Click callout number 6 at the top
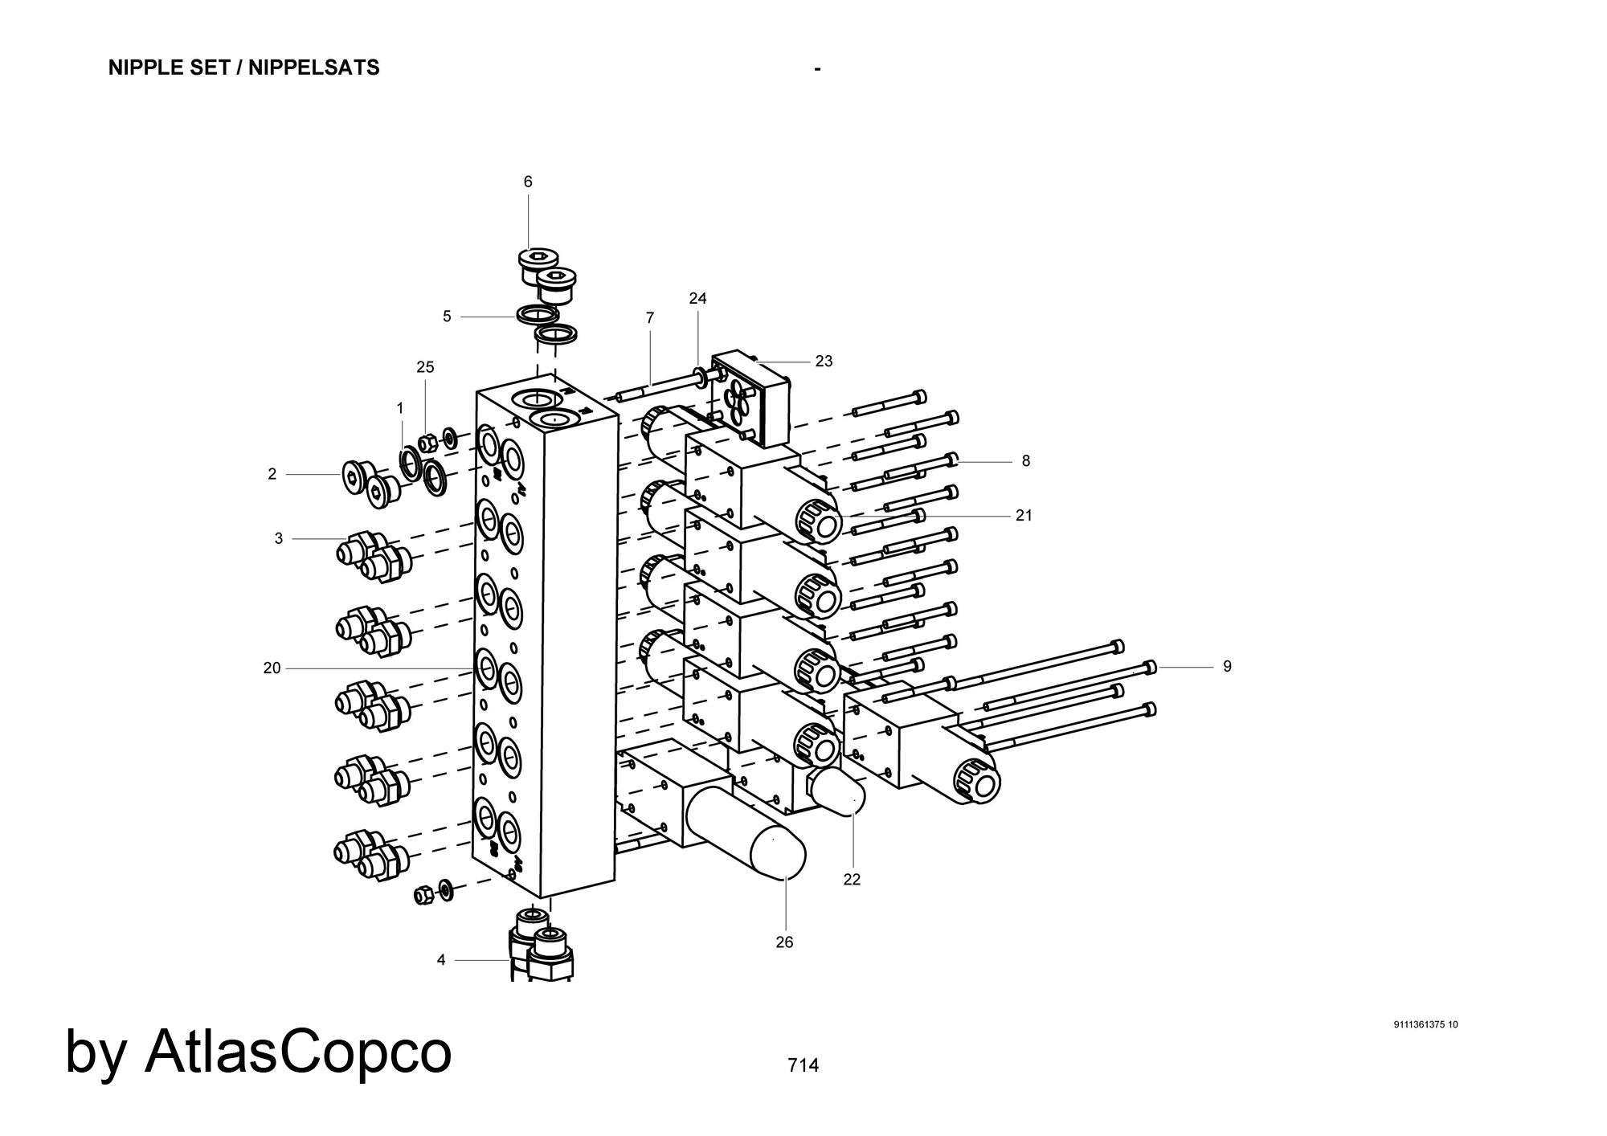[x=528, y=182]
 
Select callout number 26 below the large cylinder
[x=784, y=942]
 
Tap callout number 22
[x=852, y=880]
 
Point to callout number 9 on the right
[x=1227, y=667]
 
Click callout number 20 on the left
[x=272, y=668]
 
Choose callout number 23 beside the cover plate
[x=824, y=362]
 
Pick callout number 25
[x=425, y=367]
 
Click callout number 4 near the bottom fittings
[x=441, y=960]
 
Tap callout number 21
[x=1024, y=516]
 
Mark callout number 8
[x=1026, y=461]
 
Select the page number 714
[x=803, y=1065]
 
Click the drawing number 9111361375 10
[x=1425, y=1024]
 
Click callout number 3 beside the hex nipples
[x=279, y=539]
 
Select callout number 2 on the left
[x=272, y=475]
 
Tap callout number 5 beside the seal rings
[x=447, y=317]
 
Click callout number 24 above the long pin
[x=697, y=299]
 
